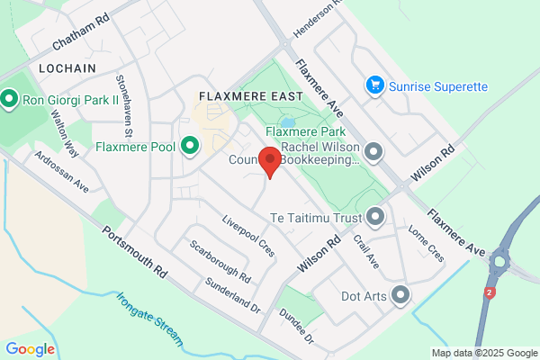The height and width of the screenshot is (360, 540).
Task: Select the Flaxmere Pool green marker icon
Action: [x=190, y=145]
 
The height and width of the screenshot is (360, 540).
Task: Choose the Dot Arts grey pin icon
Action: [x=400, y=294]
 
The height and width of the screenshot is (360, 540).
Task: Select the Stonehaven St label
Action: [x=122, y=106]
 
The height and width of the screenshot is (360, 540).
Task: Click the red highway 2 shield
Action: [x=490, y=292]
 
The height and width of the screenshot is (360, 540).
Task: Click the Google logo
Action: [x=30, y=349]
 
